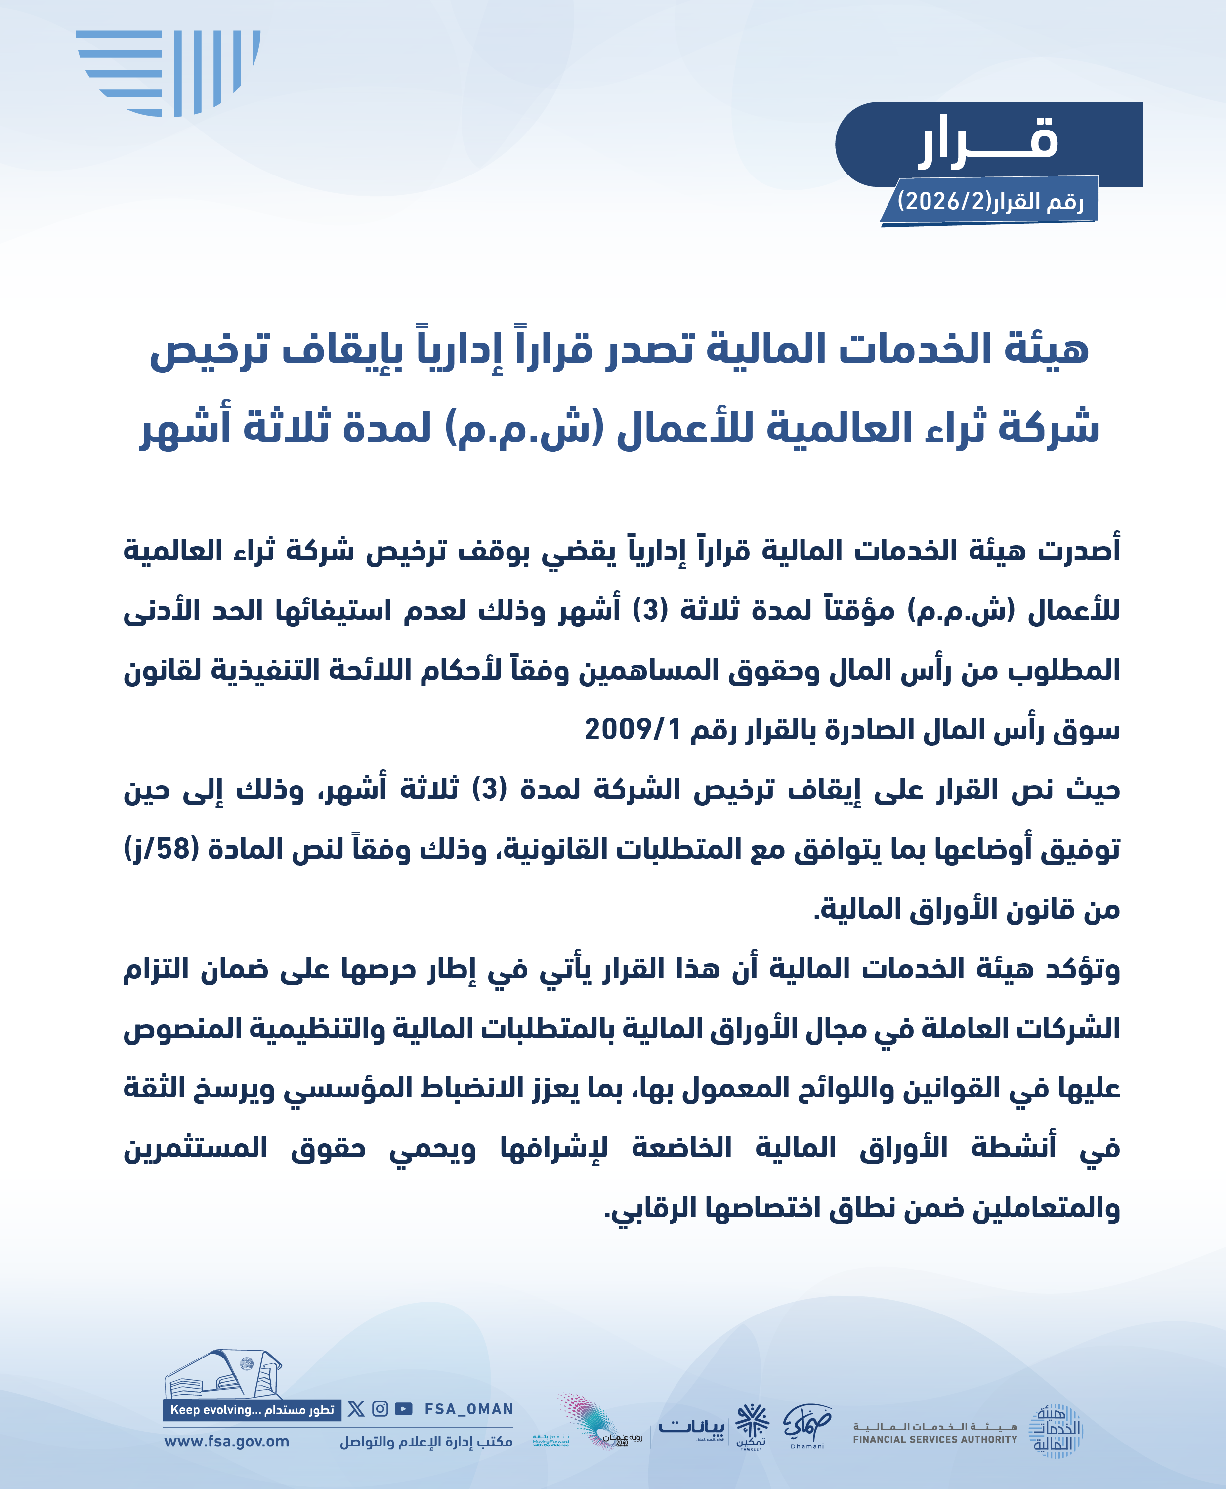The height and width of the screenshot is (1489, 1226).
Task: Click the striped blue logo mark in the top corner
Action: tap(169, 72)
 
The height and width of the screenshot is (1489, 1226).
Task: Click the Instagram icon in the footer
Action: tap(380, 1409)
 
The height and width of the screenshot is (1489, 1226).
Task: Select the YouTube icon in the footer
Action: tap(403, 1409)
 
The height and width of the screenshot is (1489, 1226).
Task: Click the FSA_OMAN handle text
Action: tap(468, 1409)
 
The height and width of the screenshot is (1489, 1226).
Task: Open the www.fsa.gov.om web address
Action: tap(227, 1442)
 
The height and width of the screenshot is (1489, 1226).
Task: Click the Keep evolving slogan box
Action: tap(252, 1410)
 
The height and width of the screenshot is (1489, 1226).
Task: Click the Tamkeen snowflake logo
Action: tap(752, 1425)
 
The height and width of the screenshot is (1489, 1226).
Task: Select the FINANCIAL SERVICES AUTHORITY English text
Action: tap(935, 1439)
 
